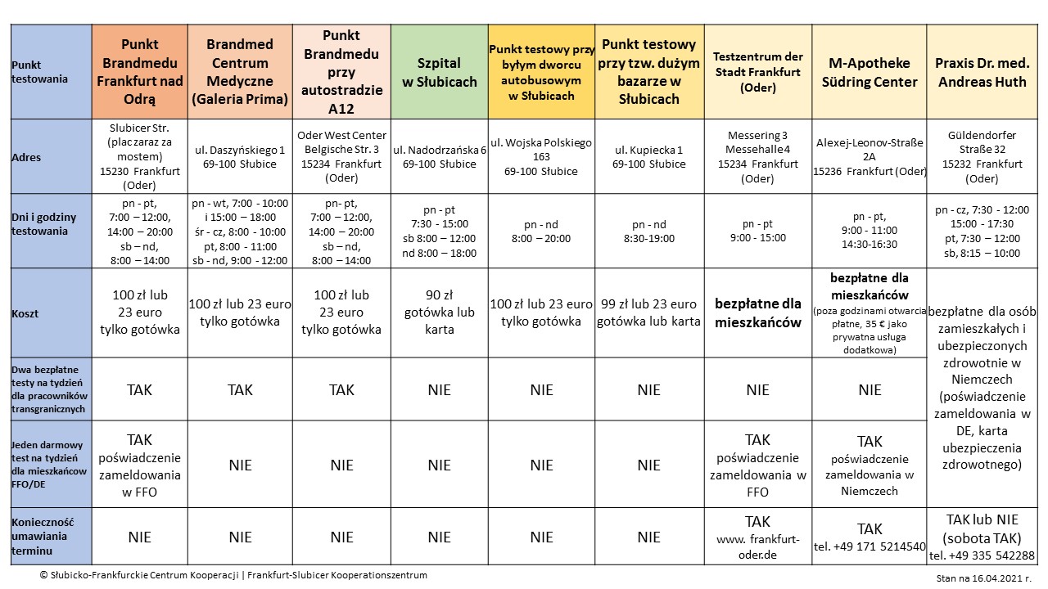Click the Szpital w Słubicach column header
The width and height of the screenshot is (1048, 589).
[439, 72]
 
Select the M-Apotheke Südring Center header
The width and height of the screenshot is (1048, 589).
[869, 72]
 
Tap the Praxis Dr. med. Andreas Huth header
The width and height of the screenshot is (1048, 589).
[982, 72]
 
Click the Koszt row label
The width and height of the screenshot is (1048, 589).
[25, 313]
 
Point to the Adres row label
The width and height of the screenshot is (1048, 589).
[27, 157]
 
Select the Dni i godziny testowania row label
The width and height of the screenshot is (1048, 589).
[45, 223]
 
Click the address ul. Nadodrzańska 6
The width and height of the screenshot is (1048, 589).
[439, 157]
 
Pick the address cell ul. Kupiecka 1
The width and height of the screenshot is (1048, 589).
[648, 157]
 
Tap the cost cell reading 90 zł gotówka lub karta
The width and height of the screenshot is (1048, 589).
[439, 312]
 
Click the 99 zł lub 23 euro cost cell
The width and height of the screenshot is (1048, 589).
[648, 312]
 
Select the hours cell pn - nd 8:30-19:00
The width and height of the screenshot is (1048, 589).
[648, 231]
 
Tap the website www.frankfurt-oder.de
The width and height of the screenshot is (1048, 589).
[757, 546]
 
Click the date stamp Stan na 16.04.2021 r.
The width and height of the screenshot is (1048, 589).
[986, 578]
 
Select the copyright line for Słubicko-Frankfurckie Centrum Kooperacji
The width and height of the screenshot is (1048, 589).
[233, 575]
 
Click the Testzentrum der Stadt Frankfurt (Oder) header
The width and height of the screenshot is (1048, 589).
[757, 72]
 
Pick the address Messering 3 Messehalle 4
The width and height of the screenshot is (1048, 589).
[757, 142]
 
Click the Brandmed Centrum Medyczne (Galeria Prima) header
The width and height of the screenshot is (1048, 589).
[240, 72]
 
